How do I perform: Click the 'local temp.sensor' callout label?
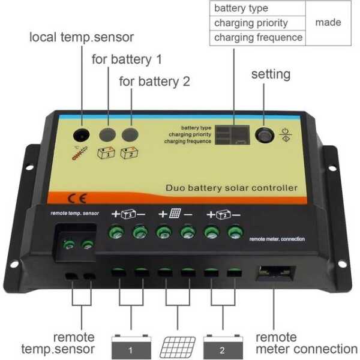[x=82, y=37]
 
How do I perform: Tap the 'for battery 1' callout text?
[x=126, y=59]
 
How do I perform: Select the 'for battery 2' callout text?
[x=154, y=81]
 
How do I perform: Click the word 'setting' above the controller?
[x=271, y=74]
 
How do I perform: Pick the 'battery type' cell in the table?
[x=241, y=8]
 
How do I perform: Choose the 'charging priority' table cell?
[x=251, y=23]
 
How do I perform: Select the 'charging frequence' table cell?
[x=258, y=37]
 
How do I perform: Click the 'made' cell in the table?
[x=328, y=22]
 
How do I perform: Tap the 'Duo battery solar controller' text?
[x=231, y=188]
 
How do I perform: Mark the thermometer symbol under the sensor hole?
[x=78, y=153]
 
